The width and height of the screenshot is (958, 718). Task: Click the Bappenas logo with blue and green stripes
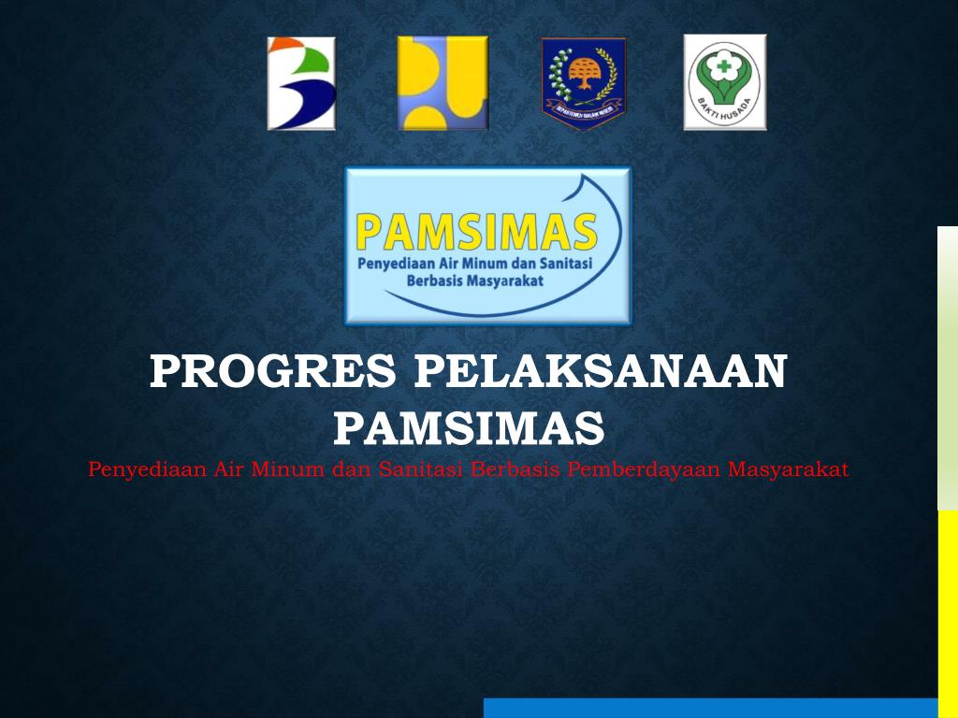(301, 83)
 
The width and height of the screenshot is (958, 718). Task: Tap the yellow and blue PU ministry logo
(443, 83)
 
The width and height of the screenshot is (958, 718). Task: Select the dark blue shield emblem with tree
(584, 83)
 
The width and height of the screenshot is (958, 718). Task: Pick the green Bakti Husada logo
(725, 82)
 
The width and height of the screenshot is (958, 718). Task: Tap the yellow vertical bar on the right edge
(948, 613)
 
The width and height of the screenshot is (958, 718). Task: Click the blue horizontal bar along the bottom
(711, 708)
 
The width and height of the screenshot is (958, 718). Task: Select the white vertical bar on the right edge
(948, 368)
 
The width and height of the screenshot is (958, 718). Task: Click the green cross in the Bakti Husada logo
(722, 71)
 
